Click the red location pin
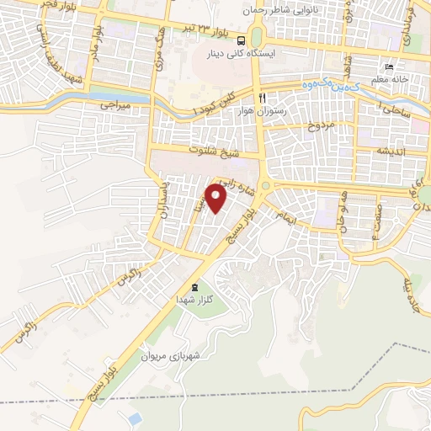pyautogui.click(x=217, y=199)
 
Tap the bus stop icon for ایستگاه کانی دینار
pyautogui.click(x=242, y=40)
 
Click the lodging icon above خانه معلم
pyautogui.click(x=388, y=67)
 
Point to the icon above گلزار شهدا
pyautogui.click(x=196, y=288)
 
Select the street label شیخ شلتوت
pyautogui.click(x=217, y=152)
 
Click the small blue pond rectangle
pyautogui.click(x=135, y=418)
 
